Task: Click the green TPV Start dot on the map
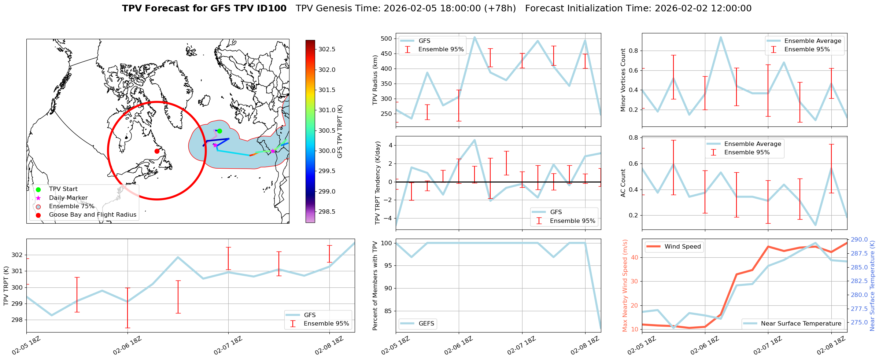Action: (x=219, y=131)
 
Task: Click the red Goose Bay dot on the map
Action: (x=157, y=151)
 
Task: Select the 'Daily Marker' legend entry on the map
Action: (x=68, y=198)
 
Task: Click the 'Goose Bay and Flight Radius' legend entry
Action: (x=92, y=215)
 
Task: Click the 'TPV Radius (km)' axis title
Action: (x=375, y=80)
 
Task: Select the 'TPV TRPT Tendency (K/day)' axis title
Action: (x=378, y=183)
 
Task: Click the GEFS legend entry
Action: (x=426, y=323)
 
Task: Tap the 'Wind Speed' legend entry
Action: (x=682, y=247)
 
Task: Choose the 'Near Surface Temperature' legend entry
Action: (x=801, y=323)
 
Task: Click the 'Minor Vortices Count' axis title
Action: (x=623, y=80)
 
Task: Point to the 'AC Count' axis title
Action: (x=623, y=183)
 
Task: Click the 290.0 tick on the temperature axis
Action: (x=859, y=240)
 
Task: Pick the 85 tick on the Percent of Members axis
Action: (x=388, y=311)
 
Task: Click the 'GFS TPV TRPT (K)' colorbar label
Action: (x=340, y=131)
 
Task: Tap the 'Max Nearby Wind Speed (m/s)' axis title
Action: (x=625, y=286)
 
